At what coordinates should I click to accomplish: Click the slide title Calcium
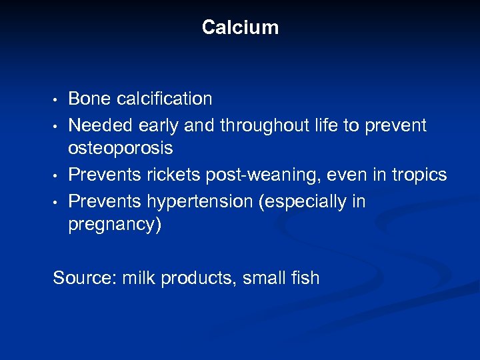coord(240,27)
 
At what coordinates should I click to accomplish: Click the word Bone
coord(90,99)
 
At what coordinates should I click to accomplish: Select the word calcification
coord(165,99)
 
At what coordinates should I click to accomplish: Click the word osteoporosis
coord(120,148)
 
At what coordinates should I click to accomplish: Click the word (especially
coord(309,201)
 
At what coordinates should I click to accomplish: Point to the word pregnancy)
coord(115,225)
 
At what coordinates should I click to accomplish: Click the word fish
coord(303,277)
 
